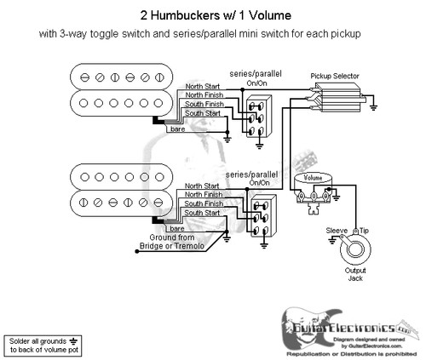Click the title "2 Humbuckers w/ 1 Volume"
pos(213,15)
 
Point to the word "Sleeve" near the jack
pos(337,230)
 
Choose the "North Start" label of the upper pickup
pos(204,87)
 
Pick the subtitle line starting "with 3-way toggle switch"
pos(213,34)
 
